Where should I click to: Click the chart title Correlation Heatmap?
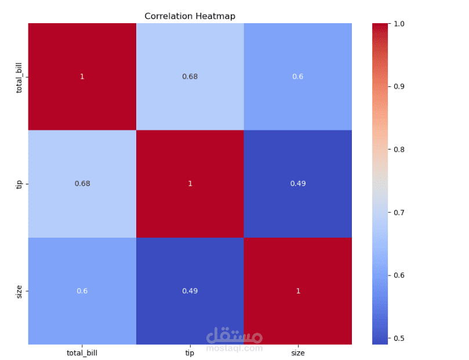[190, 16]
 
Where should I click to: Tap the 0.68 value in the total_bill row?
[190, 77]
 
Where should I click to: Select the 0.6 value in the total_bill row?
[297, 77]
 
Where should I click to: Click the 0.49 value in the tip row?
[298, 184]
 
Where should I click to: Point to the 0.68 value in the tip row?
[82, 184]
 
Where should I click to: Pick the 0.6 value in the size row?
[82, 291]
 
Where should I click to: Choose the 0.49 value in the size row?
[190, 291]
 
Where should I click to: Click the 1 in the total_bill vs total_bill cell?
[82, 77]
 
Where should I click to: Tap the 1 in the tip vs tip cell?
[190, 184]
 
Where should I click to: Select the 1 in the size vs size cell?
[298, 291]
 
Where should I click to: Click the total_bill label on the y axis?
[19, 78]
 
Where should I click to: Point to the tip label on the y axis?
[19, 184]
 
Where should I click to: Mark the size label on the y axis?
[19, 292]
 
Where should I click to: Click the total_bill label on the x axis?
[82, 353]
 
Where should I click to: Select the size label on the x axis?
[298, 353]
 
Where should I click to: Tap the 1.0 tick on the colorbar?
[399, 24]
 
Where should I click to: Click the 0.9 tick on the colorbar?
[399, 86]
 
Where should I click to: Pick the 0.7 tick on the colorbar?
[399, 213]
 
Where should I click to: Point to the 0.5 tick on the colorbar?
[399, 339]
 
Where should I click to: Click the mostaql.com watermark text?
[234, 348]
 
